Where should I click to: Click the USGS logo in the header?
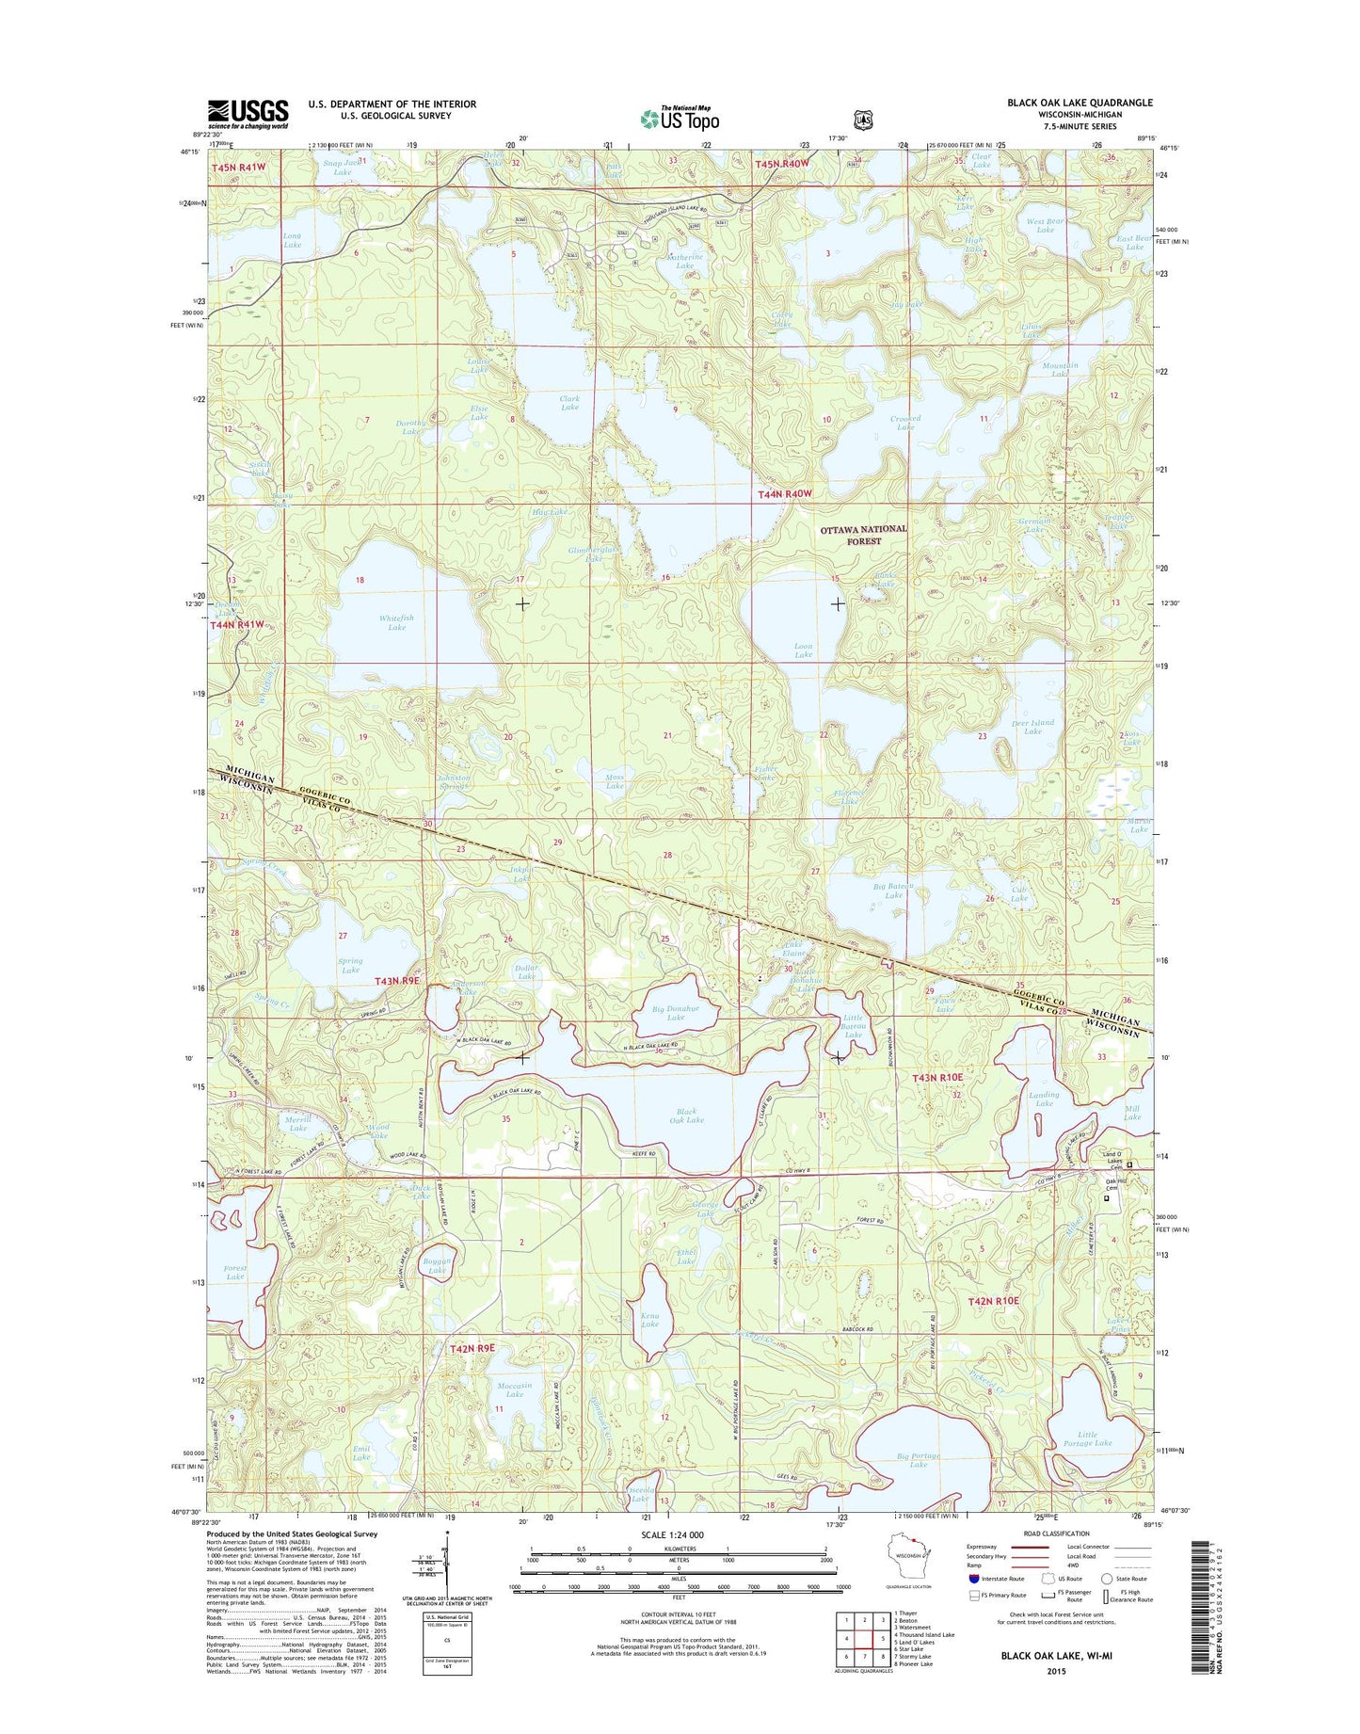[248, 114]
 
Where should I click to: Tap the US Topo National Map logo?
[680, 118]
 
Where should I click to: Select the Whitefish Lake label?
[396, 622]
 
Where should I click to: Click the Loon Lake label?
[803, 650]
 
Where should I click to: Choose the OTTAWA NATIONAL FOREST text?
[863, 535]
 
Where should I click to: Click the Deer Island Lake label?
[1032, 727]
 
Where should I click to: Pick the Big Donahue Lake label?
[675, 1013]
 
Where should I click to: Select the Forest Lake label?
[235, 1272]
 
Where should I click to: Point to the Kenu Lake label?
[649, 1320]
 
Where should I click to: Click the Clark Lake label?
[569, 403]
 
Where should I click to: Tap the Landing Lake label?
[1044, 1099]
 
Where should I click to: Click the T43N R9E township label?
[396, 981]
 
